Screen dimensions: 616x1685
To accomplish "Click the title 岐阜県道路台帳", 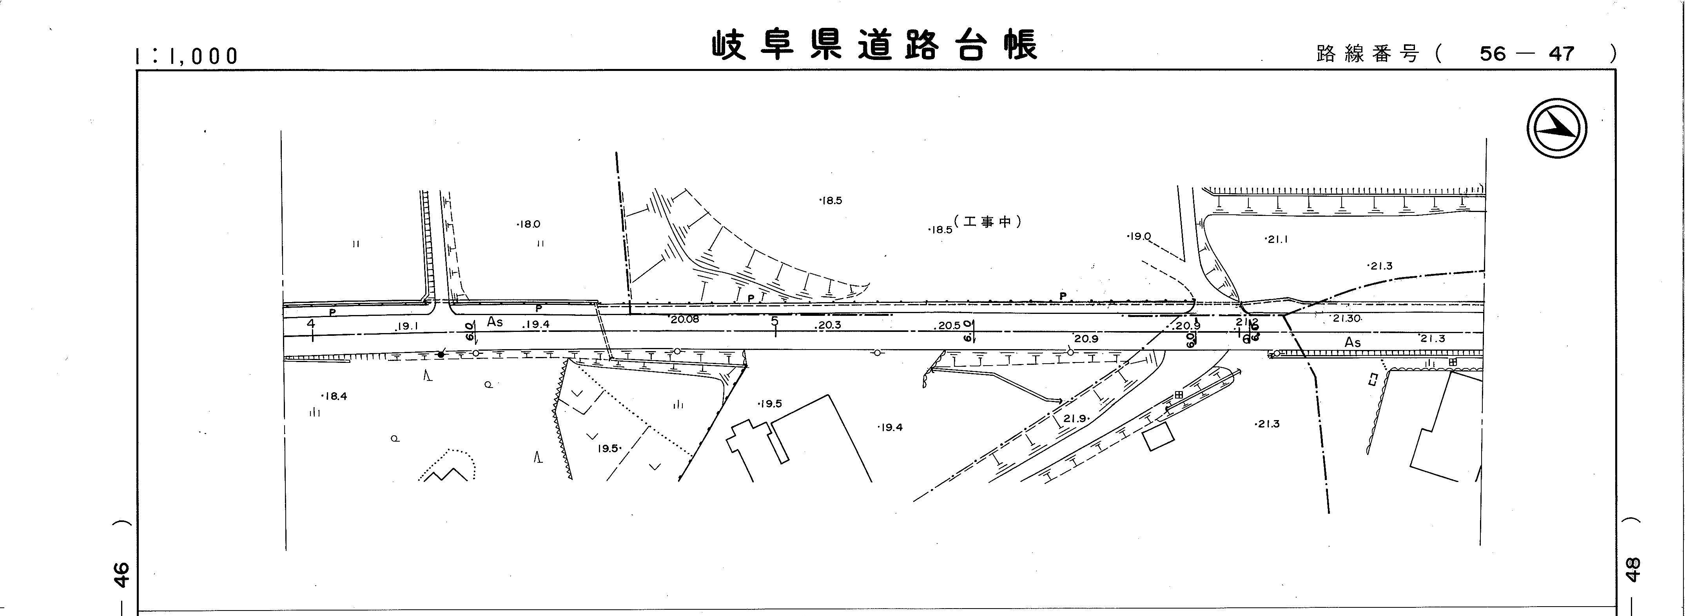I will (x=874, y=46).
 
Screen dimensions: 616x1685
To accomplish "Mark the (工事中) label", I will (x=988, y=222).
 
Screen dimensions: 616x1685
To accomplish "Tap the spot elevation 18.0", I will (x=528, y=224).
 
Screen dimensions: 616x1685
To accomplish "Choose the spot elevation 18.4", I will (x=334, y=396).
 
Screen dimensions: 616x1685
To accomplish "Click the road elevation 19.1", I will (x=408, y=326).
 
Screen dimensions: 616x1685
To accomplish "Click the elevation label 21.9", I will (x=1075, y=419).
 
